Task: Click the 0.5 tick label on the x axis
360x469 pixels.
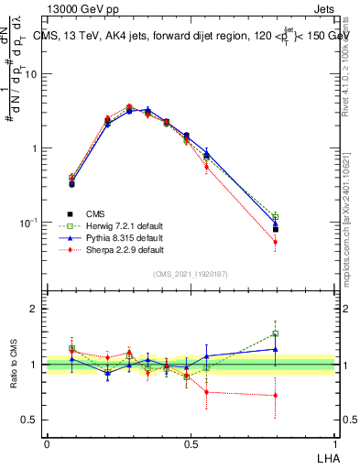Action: pos(191,443)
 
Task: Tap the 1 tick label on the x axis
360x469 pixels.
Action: pos(334,443)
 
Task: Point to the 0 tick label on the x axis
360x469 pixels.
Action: pos(47,443)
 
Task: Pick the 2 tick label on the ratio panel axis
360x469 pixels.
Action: pos(35,310)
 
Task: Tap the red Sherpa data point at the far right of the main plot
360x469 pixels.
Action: pos(300,242)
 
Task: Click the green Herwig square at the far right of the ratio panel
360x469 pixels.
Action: pos(300,333)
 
